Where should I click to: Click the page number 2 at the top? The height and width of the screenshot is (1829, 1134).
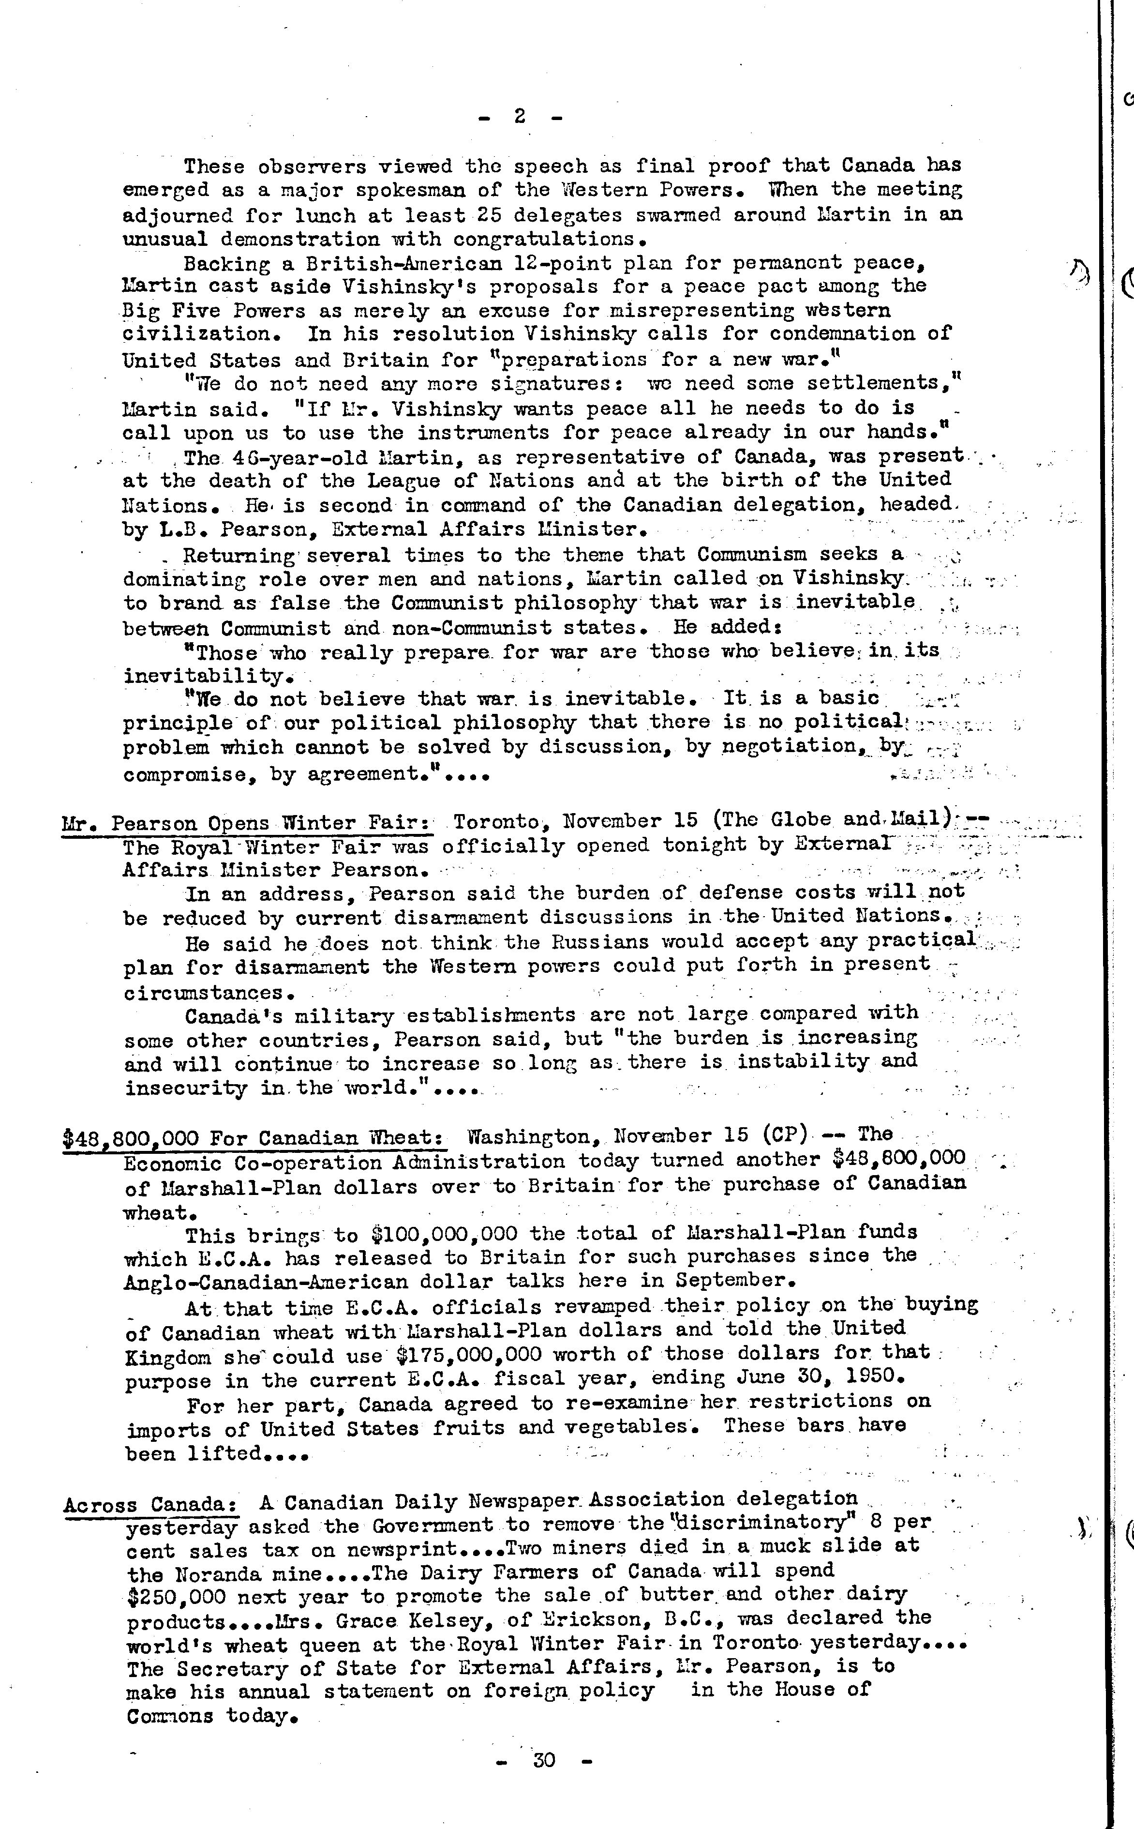(x=519, y=116)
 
